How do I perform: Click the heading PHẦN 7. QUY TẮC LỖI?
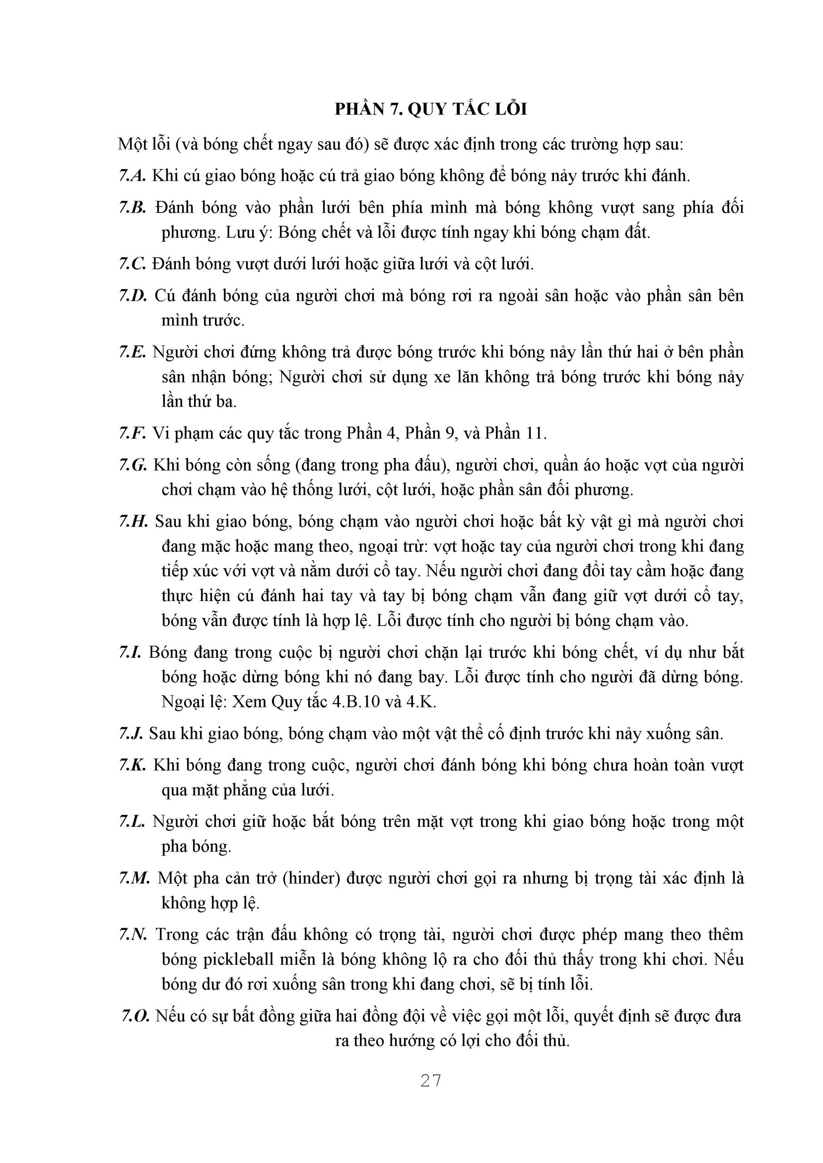click(430, 109)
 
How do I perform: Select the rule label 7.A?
click(133, 176)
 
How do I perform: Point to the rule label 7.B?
click(133, 207)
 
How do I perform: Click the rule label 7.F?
click(133, 433)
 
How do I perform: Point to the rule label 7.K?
click(133, 765)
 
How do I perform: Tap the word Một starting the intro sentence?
click(133, 145)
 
